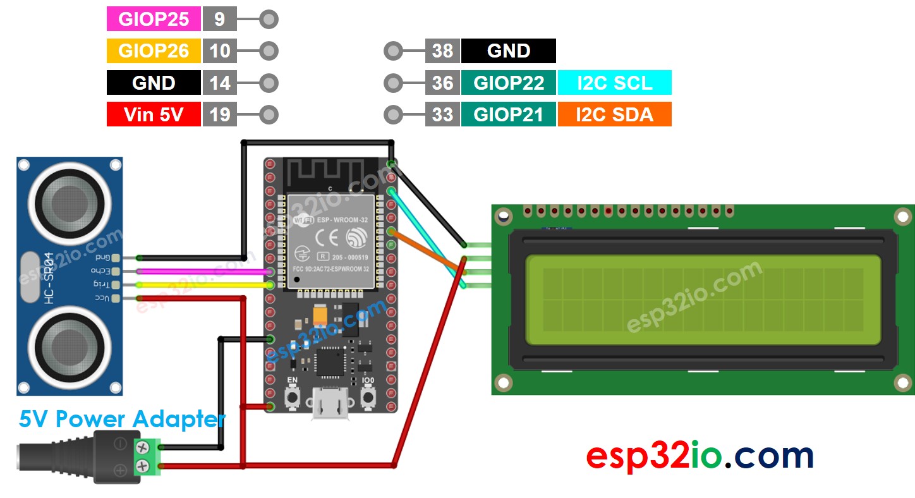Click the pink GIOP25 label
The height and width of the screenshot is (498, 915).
154,19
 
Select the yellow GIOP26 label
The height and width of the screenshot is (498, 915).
154,51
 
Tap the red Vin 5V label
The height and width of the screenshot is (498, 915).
154,115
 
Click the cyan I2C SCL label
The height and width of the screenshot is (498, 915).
614,83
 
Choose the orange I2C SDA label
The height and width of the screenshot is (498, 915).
614,115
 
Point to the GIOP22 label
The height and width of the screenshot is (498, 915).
509,83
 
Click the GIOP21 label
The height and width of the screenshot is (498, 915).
509,115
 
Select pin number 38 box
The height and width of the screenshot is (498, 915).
442,51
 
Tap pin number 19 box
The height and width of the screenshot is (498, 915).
219,115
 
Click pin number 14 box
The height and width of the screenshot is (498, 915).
219,83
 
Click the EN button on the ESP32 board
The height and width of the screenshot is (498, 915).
293,396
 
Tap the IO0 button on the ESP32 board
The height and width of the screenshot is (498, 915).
368,396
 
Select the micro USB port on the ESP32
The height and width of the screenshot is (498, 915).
330,404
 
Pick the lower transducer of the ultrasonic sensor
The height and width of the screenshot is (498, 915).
70,345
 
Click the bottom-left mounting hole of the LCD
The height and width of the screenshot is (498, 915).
504,382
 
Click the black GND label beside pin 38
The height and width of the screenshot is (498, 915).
509,51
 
